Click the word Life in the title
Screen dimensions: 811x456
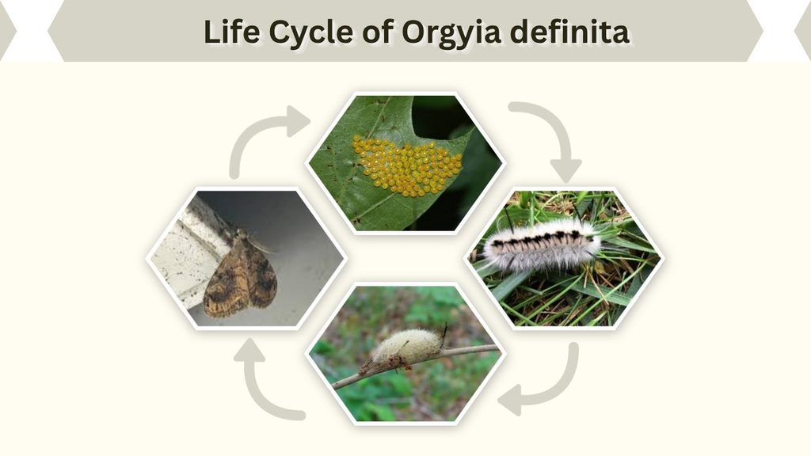tap(231, 32)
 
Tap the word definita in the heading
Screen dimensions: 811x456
tap(570, 32)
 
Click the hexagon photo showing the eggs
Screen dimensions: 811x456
tap(405, 163)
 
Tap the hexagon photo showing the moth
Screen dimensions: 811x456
tap(246, 259)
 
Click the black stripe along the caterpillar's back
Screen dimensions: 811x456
tap(538, 240)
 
